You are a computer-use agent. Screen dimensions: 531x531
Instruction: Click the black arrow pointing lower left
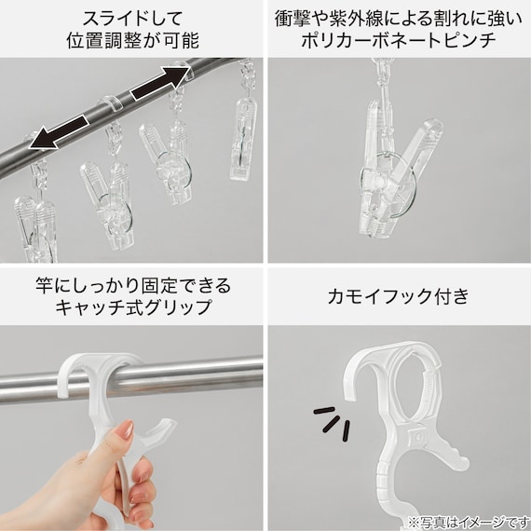point(59,132)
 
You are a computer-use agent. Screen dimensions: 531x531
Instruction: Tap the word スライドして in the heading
point(132,19)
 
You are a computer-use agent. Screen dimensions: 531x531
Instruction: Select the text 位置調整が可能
point(132,41)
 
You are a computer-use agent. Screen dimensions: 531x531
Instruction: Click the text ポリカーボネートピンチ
point(399,41)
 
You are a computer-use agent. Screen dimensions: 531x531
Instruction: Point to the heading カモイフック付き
point(399,295)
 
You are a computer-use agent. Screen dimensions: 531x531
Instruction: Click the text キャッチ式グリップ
point(133,307)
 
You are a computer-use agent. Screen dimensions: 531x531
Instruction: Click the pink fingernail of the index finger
point(128,429)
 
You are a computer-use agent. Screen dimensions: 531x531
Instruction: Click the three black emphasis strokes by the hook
point(333,423)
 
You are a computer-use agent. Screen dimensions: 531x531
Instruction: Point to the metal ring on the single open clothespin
point(388,185)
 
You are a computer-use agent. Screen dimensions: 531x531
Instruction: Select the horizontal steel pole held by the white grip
point(131,378)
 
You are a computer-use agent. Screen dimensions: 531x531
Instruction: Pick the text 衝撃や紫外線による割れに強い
point(399,19)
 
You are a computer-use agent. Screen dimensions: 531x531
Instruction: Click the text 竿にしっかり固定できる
point(133,285)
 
